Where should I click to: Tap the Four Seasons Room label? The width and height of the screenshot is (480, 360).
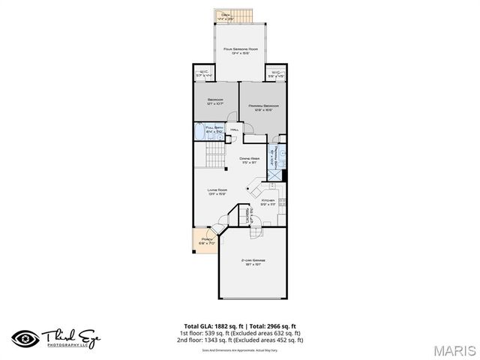coord(241,49)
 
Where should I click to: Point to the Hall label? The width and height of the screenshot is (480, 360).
coord(235,131)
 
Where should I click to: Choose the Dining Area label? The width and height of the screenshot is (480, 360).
coord(249,159)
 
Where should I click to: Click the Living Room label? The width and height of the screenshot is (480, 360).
coord(217,190)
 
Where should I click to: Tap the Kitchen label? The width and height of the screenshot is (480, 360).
coord(268,201)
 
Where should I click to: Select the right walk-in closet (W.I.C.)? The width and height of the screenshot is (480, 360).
coord(277,74)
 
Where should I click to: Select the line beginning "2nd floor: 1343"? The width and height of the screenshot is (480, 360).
coord(239,340)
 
